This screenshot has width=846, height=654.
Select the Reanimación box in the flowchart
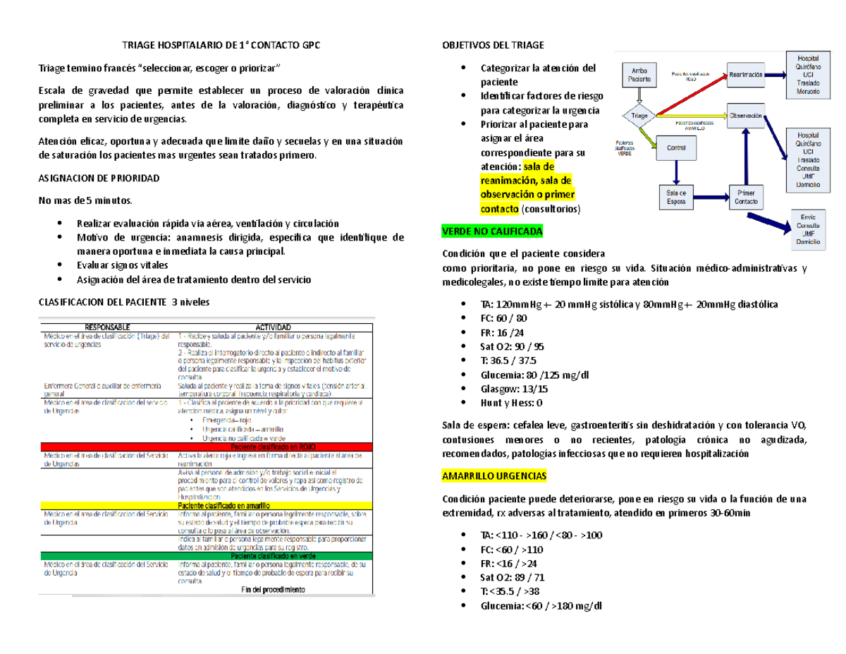pos(747,74)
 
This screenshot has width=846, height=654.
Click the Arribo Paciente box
pos(639,75)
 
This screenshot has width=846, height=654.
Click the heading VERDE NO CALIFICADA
pos(492,231)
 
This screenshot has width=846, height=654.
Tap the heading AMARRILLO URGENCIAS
pos(493,477)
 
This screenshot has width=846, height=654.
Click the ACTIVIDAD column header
pos(276,327)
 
